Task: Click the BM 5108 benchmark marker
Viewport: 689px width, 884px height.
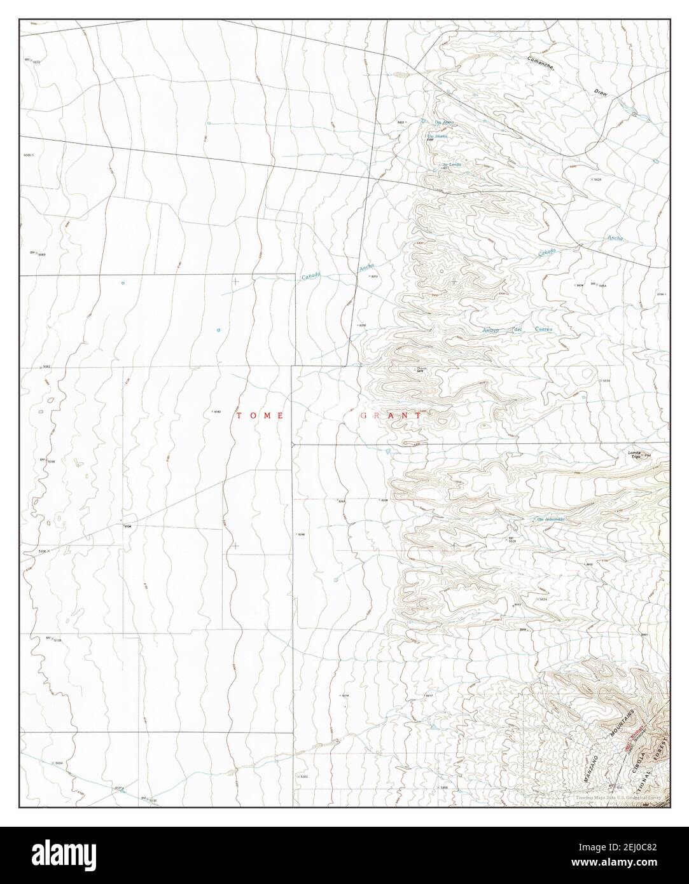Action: (x=53, y=639)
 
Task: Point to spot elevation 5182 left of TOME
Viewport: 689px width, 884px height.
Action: (x=216, y=412)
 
